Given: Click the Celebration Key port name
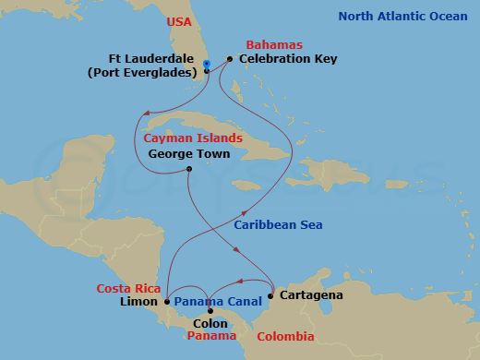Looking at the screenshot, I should click(x=288, y=59).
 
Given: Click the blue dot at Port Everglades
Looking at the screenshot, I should click(x=207, y=64).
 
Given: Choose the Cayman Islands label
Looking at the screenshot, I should click(x=193, y=138).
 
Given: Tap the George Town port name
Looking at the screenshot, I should click(x=188, y=154).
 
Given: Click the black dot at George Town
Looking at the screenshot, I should click(x=188, y=169).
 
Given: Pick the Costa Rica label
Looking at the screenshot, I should click(x=130, y=288).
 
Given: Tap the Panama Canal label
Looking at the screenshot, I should click(x=217, y=302).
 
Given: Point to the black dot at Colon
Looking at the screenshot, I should click(x=210, y=311).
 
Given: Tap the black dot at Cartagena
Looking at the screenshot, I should click(x=270, y=296).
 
